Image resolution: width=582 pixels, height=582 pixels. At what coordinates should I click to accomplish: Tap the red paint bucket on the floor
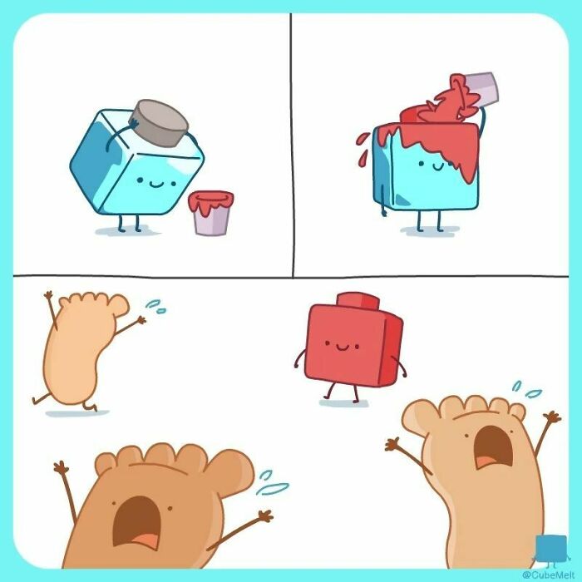tap(210, 213)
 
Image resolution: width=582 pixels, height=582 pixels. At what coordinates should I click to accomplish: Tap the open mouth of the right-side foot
tap(491, 452)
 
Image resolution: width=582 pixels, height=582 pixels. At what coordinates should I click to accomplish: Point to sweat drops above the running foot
tap(155, 308)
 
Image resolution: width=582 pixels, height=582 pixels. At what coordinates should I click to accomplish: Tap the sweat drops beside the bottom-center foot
tap(274, 483)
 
